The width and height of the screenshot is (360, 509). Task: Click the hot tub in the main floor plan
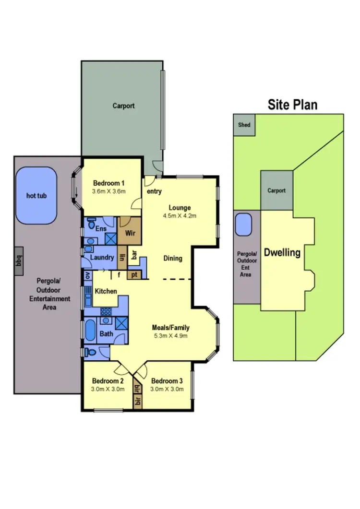[36, 196]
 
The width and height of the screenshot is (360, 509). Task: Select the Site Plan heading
[292, 105]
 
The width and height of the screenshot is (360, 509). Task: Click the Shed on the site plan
[244, 125]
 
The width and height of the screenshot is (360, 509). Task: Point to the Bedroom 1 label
[109, 183]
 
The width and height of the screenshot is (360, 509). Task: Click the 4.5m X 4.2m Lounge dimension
[180, 216]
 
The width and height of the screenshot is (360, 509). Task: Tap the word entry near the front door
[155, 192]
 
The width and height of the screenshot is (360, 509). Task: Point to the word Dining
[173, 259]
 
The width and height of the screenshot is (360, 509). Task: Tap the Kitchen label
[106, 291]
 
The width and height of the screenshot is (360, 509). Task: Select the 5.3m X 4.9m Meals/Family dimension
[171, 335]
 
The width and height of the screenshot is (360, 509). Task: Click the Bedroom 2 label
[108, 381]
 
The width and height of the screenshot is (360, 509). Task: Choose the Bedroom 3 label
[167, 381]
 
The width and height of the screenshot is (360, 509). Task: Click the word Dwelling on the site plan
[282, 252]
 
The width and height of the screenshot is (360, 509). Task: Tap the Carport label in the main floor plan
[123, 106]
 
